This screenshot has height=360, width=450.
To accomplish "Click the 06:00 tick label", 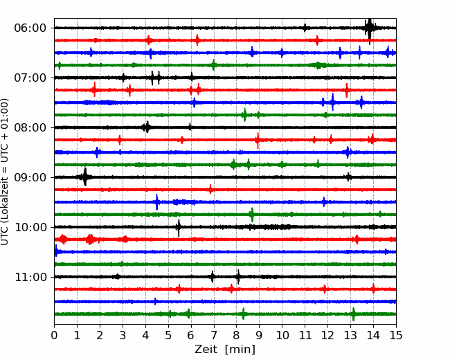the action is tap(30, 28).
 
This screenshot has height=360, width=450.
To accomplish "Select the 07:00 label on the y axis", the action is tap(30, 78).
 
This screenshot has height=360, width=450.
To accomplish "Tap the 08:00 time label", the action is tap(30, 127).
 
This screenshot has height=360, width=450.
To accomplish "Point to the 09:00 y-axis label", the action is tap(30, 177).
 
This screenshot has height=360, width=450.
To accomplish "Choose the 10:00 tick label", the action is tap(30, 227).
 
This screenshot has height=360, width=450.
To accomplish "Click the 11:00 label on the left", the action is tap(30, 277).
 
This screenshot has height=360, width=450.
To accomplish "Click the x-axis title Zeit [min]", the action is tap(225, 350).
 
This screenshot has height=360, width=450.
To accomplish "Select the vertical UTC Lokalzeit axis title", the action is tap(5, 172).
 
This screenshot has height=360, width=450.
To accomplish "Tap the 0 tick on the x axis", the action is tap(54, 335).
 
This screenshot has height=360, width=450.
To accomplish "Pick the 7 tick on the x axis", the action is tap(214, 335).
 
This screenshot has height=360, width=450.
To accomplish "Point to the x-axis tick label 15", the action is tap(396, 335).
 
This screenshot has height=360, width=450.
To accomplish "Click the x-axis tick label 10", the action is tap(282, 335).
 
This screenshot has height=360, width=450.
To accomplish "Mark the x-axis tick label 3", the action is tap(123, 335).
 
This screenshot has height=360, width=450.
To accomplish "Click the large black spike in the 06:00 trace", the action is tap(370, 28).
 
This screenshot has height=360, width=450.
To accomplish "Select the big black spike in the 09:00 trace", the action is tap(84, 177).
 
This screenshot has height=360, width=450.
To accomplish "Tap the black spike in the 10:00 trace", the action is tap(179, 228).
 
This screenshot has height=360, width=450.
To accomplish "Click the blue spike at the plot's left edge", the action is tap(56, 251).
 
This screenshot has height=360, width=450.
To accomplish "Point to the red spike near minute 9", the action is tap(258, 141).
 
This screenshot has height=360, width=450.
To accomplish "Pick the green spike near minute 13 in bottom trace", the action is tap(353, 314).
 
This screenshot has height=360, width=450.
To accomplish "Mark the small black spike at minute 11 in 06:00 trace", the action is tap(305, 28).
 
